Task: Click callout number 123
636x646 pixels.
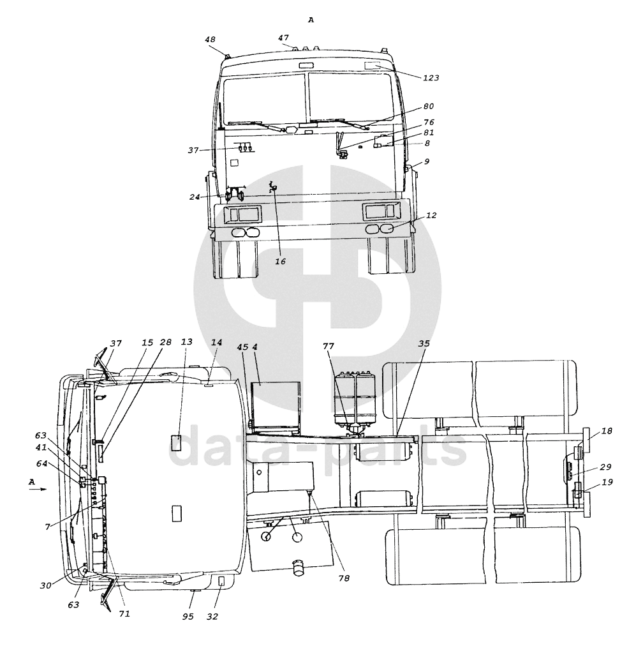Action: (x=431, y=78)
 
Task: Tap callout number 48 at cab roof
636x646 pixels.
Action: (x=210, y=40)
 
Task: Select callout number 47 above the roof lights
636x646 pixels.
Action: (x=283, y=38)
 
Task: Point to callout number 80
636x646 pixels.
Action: (x=429, y=107)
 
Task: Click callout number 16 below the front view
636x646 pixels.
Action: (x=280, y=261)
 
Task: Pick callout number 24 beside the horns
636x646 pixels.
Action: (x=195, y=197)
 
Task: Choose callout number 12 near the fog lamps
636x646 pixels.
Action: (x=431, y=216)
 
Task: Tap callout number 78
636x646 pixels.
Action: (x=344, y=578)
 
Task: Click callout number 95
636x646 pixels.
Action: (x=188, y=617)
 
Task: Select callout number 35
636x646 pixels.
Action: (x=424, y=343)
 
